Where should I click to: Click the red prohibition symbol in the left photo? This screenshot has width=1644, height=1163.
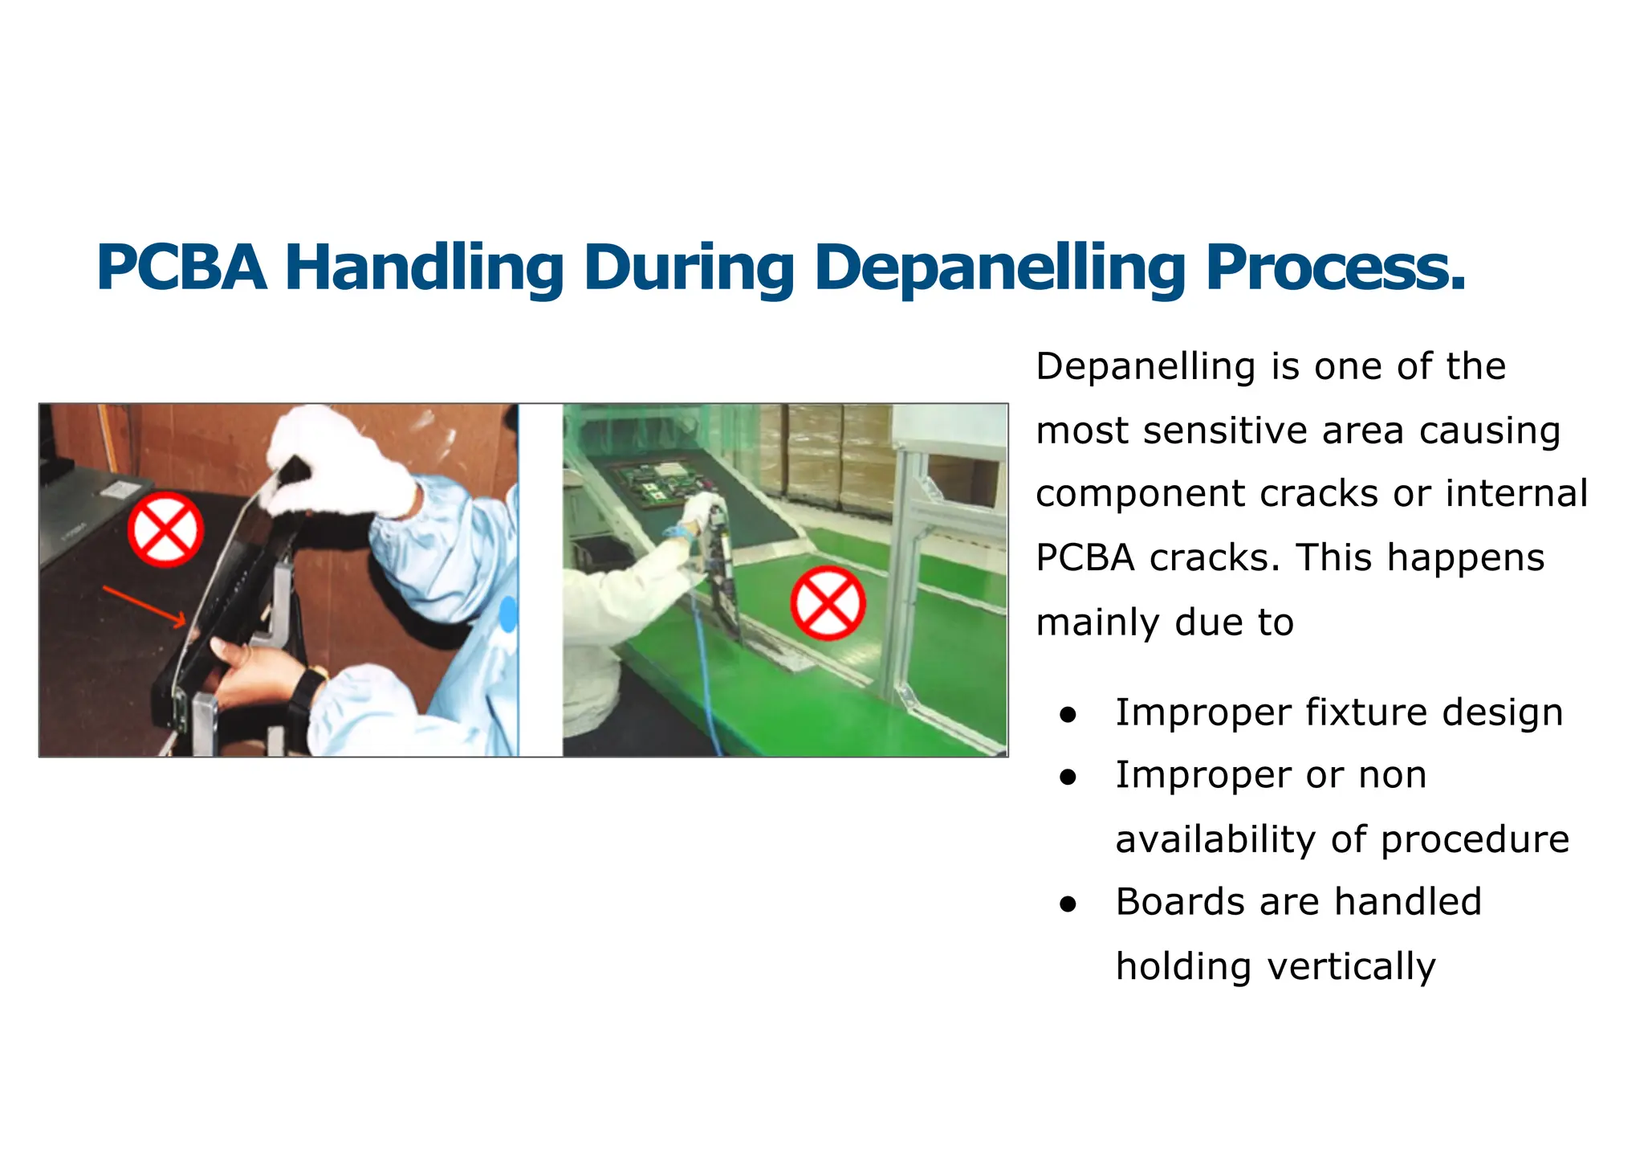(x=165, y=530)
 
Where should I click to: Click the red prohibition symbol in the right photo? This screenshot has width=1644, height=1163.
(x=828, y=603)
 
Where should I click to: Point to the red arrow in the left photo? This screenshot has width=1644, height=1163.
(x=144, y=606)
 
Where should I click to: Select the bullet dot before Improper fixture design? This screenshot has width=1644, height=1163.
(x=1067, y=714)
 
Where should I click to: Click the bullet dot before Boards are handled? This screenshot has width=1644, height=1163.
(x=1067, y=904)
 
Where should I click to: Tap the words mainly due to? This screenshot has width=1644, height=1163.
(x=1164, y=622)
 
